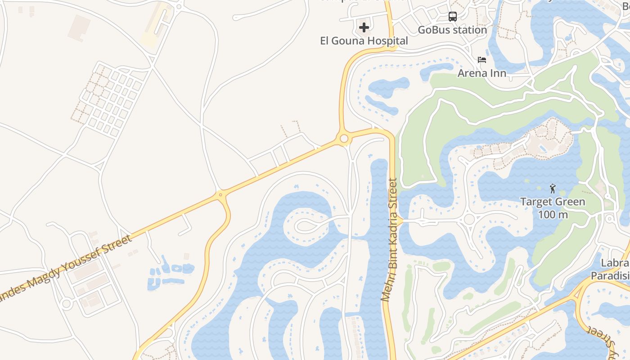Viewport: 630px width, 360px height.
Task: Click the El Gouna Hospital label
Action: (364, 41)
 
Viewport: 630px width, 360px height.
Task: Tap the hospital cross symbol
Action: (364, 28)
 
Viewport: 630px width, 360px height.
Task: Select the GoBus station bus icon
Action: (453, 17)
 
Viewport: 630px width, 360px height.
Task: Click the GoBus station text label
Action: (452, 30)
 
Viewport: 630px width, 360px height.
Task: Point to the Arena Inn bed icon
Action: (482, 60)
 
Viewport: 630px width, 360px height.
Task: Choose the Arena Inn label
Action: (482, 73)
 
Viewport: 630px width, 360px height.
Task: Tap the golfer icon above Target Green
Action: (553, 189)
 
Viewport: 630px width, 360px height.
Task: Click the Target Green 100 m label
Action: (553, 208)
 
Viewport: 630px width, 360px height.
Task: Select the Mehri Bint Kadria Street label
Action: (389, 240)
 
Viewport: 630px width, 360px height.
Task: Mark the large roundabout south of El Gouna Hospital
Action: (344, 139)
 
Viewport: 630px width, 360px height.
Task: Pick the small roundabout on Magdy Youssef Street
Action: (220, 195)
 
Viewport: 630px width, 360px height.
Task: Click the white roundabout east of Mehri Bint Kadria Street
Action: (469, 219)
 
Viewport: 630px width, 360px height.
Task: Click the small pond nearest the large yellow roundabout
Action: (388, 85)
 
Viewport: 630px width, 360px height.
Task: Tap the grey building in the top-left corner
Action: (79, 27)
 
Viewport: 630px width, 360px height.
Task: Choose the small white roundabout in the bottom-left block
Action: (67, 304)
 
